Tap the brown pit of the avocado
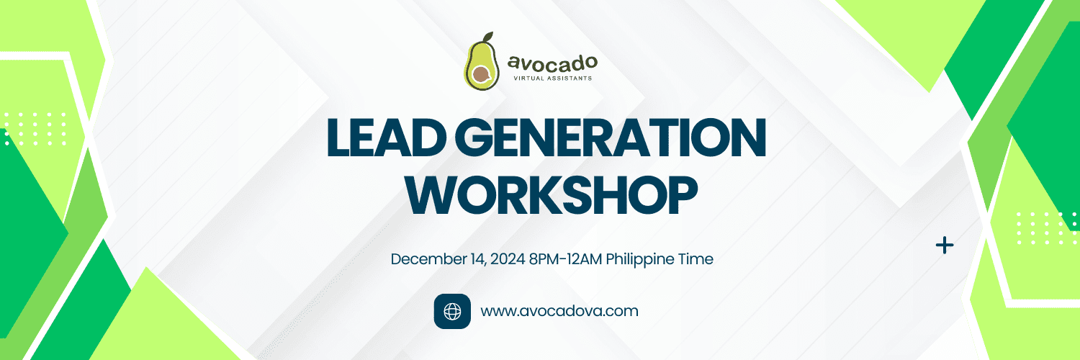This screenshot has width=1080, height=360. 480,75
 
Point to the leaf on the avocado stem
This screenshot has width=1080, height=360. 488,36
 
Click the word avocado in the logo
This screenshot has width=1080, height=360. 552,63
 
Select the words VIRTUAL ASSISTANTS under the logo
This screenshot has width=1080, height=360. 552,78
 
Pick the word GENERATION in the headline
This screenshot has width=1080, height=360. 611,138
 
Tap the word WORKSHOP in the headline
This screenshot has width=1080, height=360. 551,194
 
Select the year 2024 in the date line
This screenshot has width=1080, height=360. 508,259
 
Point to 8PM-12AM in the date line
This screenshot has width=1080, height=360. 565,259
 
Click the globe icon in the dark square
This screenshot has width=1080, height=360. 452,311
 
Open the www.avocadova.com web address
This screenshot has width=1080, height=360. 559,311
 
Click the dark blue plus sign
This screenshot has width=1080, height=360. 945,246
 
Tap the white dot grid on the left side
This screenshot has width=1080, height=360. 35,129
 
